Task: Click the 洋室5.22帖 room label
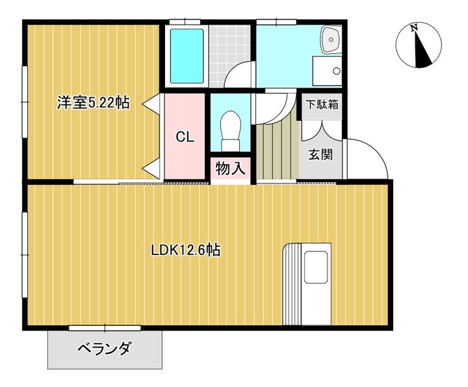click(x=94, y=103)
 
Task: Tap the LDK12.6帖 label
click(x=186, y=250)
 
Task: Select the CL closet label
click(x=185, y=137)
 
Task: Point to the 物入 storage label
click(x=230, y=169)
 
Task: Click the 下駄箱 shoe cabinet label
click(x=322, y=105)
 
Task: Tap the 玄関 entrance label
click(x=320, y=155)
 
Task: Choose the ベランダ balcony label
click(x=105, y=348)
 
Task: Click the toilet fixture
click(x=231, y=131)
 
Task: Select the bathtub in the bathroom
click(x=187, y=56)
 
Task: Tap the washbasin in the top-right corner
click(x=331, y=40)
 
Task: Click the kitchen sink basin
click(x=316, y=267)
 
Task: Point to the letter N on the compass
click(x=414, y=28)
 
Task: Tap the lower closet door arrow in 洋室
click(x=151, y=169)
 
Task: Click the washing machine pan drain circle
click(x=337, y=71)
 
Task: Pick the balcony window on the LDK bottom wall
click(x=105, y=328)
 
